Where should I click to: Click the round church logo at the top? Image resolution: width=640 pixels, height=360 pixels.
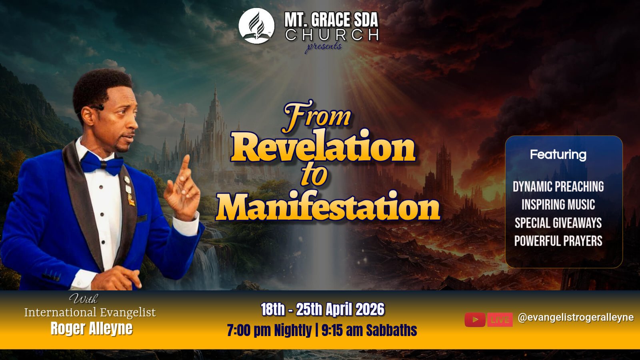pyautogui.click(x=256, y=26)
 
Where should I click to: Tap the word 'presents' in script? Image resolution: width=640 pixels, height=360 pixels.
pyautogui.click(x=324, y=47)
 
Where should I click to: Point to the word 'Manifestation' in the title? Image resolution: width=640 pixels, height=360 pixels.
pyautogui.click(x=328, y=205)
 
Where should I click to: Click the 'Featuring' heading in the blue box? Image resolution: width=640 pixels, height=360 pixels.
pyautogui.click(x=558, y=155)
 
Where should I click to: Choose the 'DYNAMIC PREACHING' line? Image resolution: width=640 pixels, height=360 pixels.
pyautogui.click(x=558, y=186)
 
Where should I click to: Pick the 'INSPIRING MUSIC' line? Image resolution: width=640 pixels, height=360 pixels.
pyautogui.click(x=558, y=204)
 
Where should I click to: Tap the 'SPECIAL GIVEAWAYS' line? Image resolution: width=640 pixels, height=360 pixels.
pyautogui.click(x=558, y=223)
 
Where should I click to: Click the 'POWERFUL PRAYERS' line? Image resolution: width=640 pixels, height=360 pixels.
pyautogui.click(x=558, y=241)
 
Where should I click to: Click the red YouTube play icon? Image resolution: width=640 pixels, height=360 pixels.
pyautogui.click(x=475, y=320)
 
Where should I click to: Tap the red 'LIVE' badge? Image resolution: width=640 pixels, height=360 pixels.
pyautogui.click(x=500, y=320)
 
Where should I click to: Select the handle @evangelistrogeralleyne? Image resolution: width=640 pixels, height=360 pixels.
pyautogui.click(x=576, y=318)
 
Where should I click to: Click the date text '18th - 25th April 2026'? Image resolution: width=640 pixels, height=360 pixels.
pyautogui.click(x=323, y=310)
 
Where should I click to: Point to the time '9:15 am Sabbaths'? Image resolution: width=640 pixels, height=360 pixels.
pyautogui.click(x=369, y=330)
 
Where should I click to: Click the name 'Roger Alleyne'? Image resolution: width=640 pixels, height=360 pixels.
pyautogui.click(x=92, y=328)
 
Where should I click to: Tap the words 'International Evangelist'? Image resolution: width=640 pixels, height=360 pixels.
pyautogui.click(x=90, y=312)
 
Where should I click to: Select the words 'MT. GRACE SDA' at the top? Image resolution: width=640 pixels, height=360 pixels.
pyautogui.click(x=331, y=20)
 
